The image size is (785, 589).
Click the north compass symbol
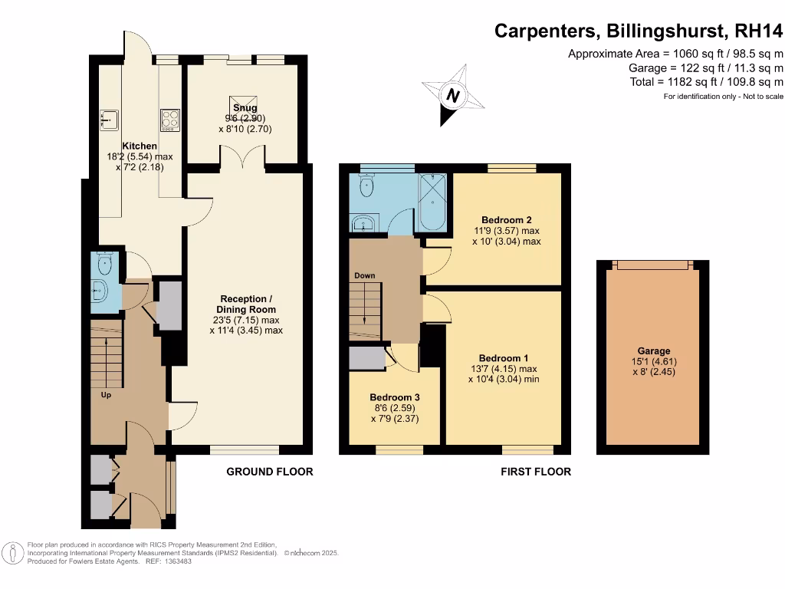coord(453,95)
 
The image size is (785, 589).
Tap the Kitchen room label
coord(139,146)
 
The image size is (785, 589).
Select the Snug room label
coord(245,108)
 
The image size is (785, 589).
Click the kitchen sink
coord(109,119)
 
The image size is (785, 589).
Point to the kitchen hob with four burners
coord(169,119)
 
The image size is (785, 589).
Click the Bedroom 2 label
coord(506,218)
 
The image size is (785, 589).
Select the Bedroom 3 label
coord(395,397)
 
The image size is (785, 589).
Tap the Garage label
coord(653,350)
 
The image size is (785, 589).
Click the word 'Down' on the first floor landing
coord(365,275)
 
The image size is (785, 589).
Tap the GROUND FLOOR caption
coord(270,472)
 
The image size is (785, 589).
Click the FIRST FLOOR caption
coord(536,472)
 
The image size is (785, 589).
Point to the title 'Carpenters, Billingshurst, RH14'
coord(639,31)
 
